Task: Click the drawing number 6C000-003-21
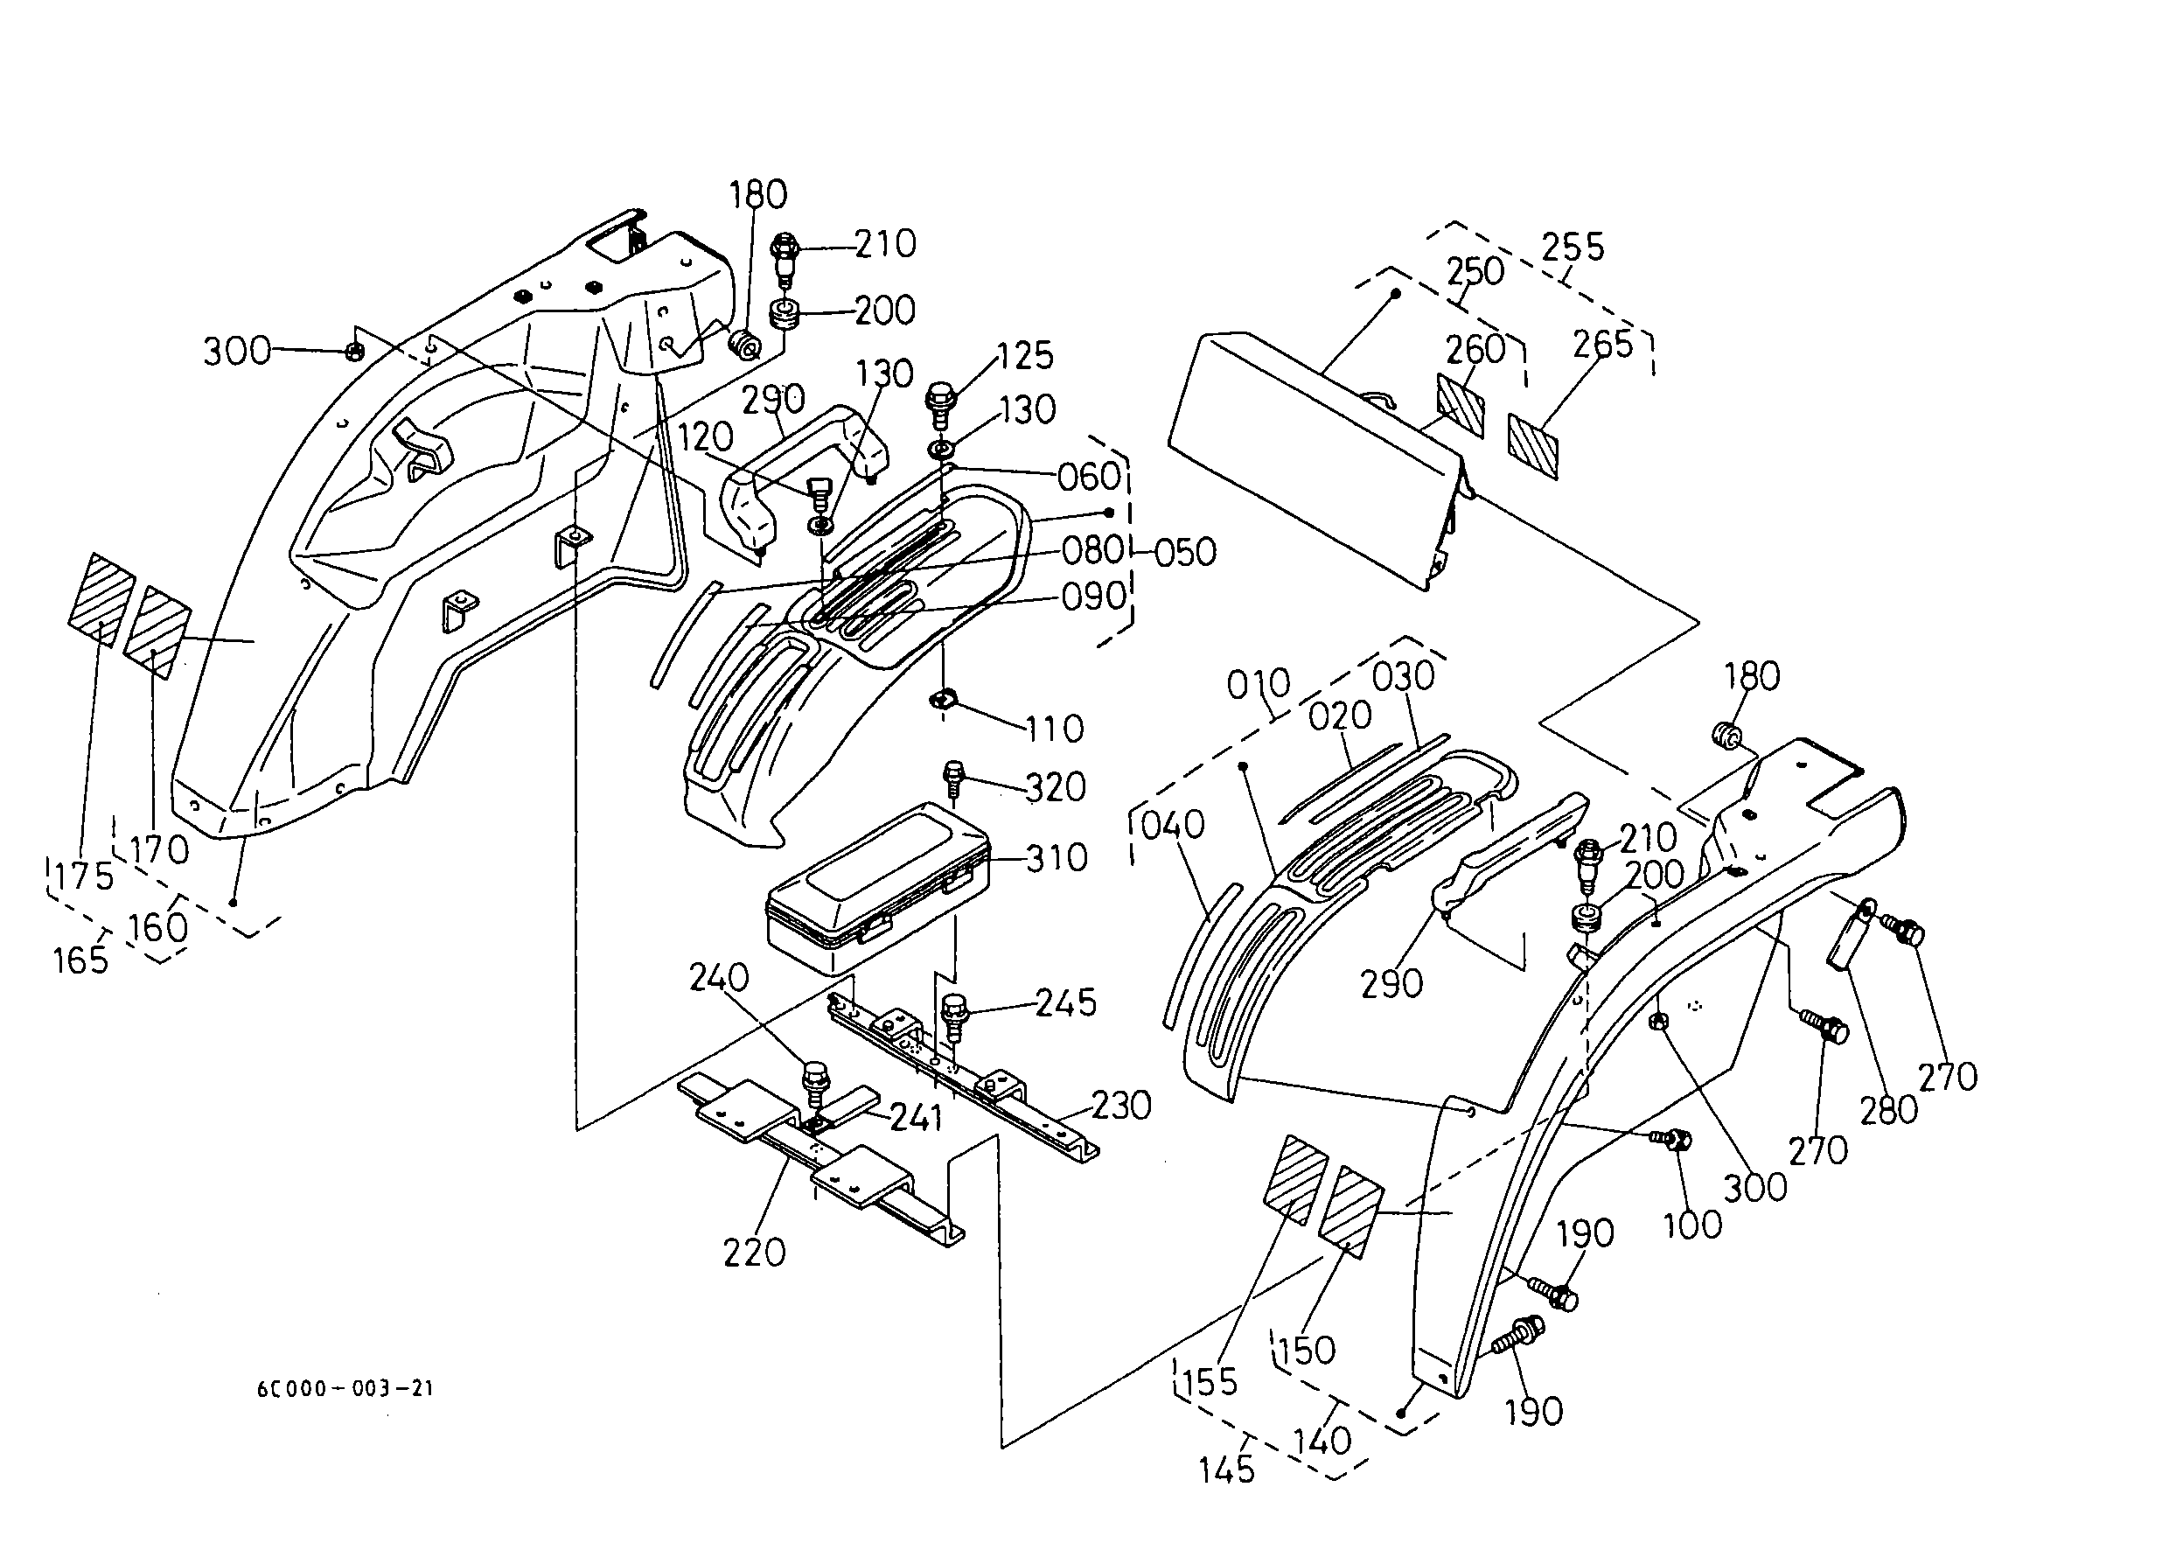click(x=345, y=1388)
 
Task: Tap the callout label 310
click(x=1057, y=858)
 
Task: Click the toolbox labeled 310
click(x=877, y=888)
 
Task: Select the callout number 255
click(x=1573, y=247)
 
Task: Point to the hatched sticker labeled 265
click(x=1533, y=443)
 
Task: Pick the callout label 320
click(x=1055, y=786)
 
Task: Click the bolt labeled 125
click(x=940, y=405)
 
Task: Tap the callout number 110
click(x=1055, y=729)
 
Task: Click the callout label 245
click(x=1065, y=1002)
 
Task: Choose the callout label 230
click(x=1121, y=1105)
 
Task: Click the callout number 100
click(x=1693, y=1225)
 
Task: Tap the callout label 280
click(x=1889, y=1110)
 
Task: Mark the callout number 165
click(x=80, y=960)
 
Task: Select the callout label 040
click(x=1172, y=825)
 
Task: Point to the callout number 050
click(x=1186, y=552)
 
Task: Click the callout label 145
click(x=1226, y=1470)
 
